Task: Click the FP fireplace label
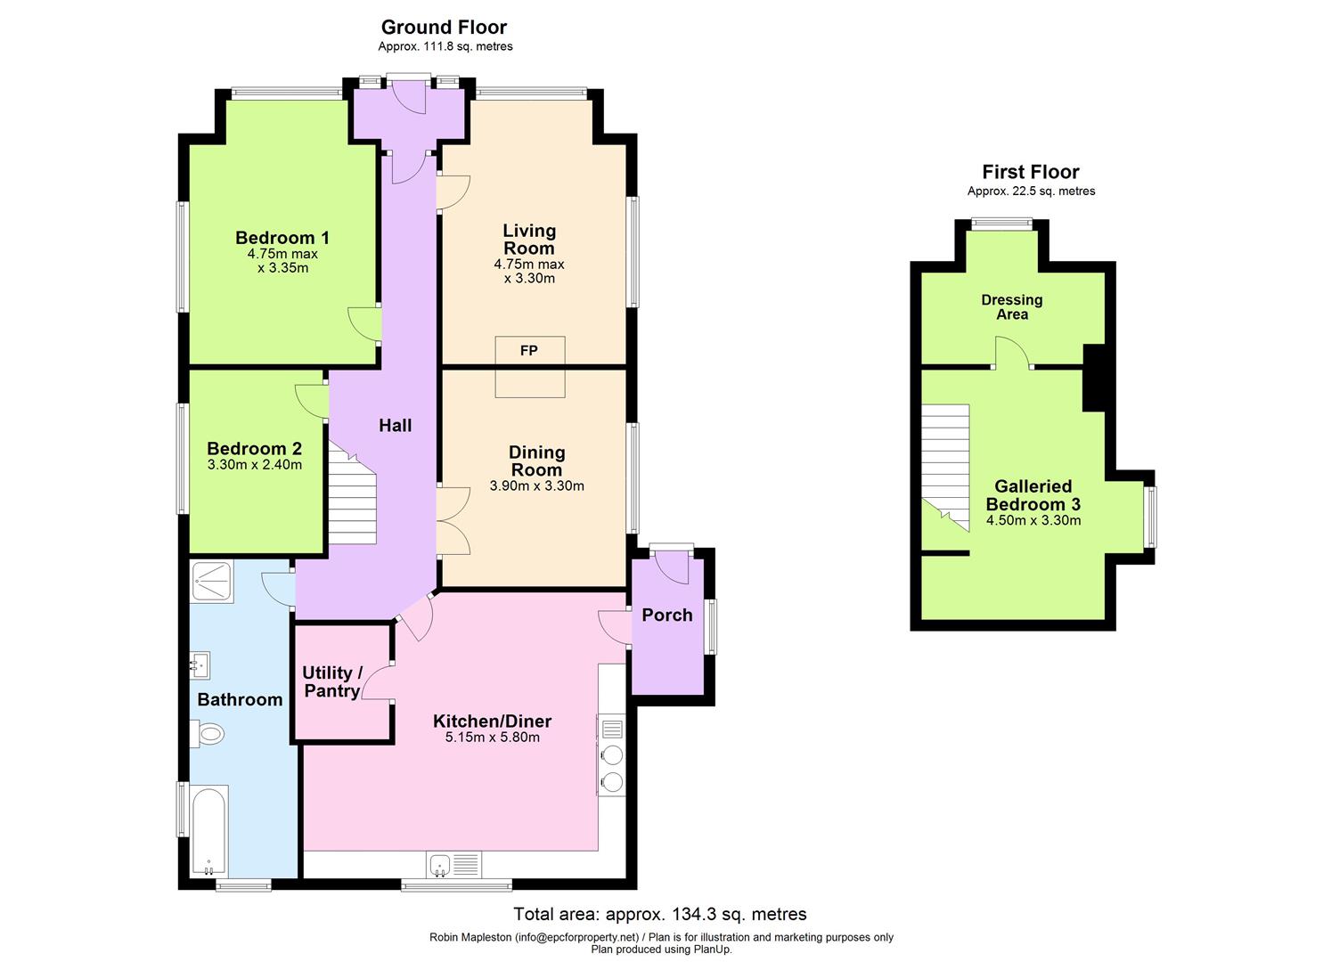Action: point(529,351)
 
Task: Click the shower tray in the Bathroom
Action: point(212,582)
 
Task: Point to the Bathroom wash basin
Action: point(200,664)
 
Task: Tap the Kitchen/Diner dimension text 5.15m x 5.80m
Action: point(493,738)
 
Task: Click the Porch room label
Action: point(666,615)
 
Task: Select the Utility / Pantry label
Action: point(331,681)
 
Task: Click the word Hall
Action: point(395,426)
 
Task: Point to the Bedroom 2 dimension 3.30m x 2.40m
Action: point(254,465)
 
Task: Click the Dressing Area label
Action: point(1011,307)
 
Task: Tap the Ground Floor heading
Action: point(444,27)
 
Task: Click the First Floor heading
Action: point(1031,172)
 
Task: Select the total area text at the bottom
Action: point(659,914)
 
